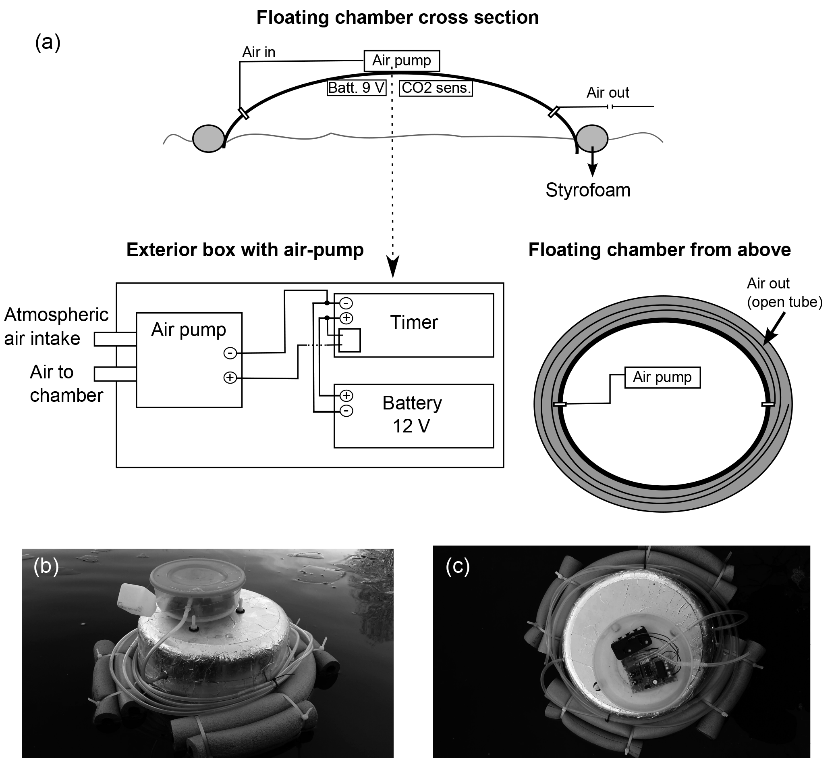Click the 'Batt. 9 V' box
357,88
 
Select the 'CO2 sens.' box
436,88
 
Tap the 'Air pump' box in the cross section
401,61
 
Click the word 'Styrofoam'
587,190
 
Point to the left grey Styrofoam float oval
209,139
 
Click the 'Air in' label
258,52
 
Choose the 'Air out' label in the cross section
608,92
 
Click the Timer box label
414,323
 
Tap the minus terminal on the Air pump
230,353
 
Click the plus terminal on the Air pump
230,378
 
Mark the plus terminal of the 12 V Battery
346,395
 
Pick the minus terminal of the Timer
346,303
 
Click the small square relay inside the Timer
350,340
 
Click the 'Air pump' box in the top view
662,377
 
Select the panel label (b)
46,566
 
